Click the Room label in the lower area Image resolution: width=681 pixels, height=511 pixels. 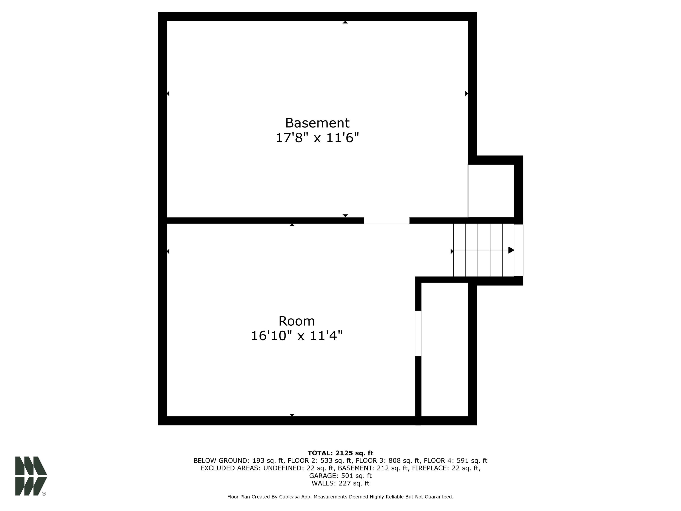(297, 321)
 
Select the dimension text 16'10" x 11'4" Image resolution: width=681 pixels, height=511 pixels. (297, 336)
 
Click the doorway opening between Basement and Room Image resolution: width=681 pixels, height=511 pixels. (387, 220)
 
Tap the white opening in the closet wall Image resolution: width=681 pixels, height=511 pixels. (418, 334)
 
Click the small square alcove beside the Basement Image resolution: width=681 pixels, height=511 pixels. (491, 191)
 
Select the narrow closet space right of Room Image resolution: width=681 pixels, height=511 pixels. (444, 349)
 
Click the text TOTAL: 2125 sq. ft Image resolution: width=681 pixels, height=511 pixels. (340, 453)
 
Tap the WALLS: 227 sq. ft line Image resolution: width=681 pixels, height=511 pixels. (340, 483)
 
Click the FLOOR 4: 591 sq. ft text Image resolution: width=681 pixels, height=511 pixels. (455, 461)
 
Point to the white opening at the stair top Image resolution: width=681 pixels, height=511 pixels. (519, 250)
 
